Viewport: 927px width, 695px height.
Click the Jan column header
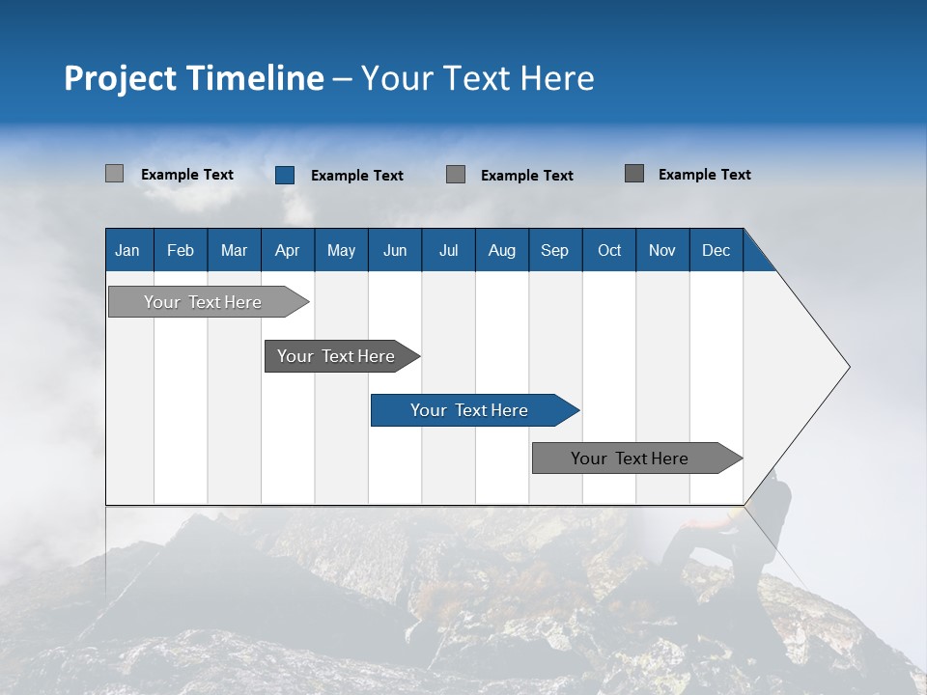click(128, 250)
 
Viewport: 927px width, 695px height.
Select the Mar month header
click(234, 250)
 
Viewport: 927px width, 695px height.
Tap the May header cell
click(341, 250)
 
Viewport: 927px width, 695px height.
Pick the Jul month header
click(448, 250)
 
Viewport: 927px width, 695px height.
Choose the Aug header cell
click(501, 250)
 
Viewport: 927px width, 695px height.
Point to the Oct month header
click(608, 250)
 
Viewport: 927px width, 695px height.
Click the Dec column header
click(716, 250)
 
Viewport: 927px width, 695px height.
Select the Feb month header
click(181, 250)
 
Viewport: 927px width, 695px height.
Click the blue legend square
click(285, 175)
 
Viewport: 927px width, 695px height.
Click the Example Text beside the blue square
click(356, 176)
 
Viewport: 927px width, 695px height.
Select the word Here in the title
click(557, 78)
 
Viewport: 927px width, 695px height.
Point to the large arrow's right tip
click(847, 367)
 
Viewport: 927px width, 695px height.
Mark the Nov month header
click(662, 250)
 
